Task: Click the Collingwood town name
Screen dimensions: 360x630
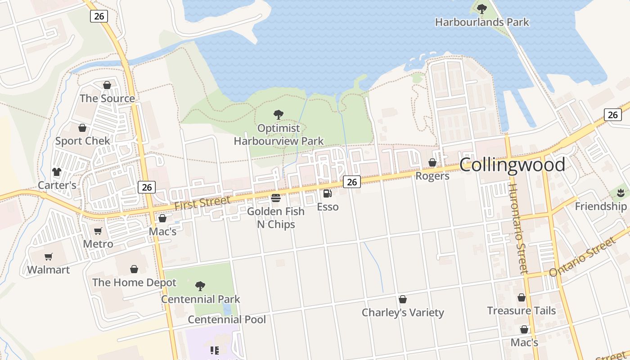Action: pos(512,165)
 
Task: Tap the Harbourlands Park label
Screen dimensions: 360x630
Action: pos(482,22)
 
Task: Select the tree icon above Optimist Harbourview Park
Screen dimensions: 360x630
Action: pos(279,115)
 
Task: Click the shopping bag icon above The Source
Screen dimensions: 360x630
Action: pos(107,85)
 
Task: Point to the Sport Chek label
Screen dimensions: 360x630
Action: pos(82,141)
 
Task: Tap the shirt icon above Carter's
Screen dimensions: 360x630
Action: pos(57,171)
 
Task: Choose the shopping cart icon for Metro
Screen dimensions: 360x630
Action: pos(98,231)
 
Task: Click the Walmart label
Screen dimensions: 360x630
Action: pos(49,270)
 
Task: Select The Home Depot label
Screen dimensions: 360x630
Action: pos(134,283)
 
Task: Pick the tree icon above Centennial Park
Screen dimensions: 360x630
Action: pos(200,286)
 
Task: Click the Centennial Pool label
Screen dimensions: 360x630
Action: pos(227,319)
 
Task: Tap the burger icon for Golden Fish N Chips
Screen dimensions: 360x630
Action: pos(276,198)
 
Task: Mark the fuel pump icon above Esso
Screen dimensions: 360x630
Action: pos(328,193)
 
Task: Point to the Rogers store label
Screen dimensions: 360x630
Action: pos(432,176)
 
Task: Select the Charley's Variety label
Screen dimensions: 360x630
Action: pos(403,312)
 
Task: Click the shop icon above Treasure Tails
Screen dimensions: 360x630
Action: pos(522,297)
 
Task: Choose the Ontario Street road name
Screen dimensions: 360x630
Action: pos(582,257)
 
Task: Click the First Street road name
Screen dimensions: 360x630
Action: pos(202,203)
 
